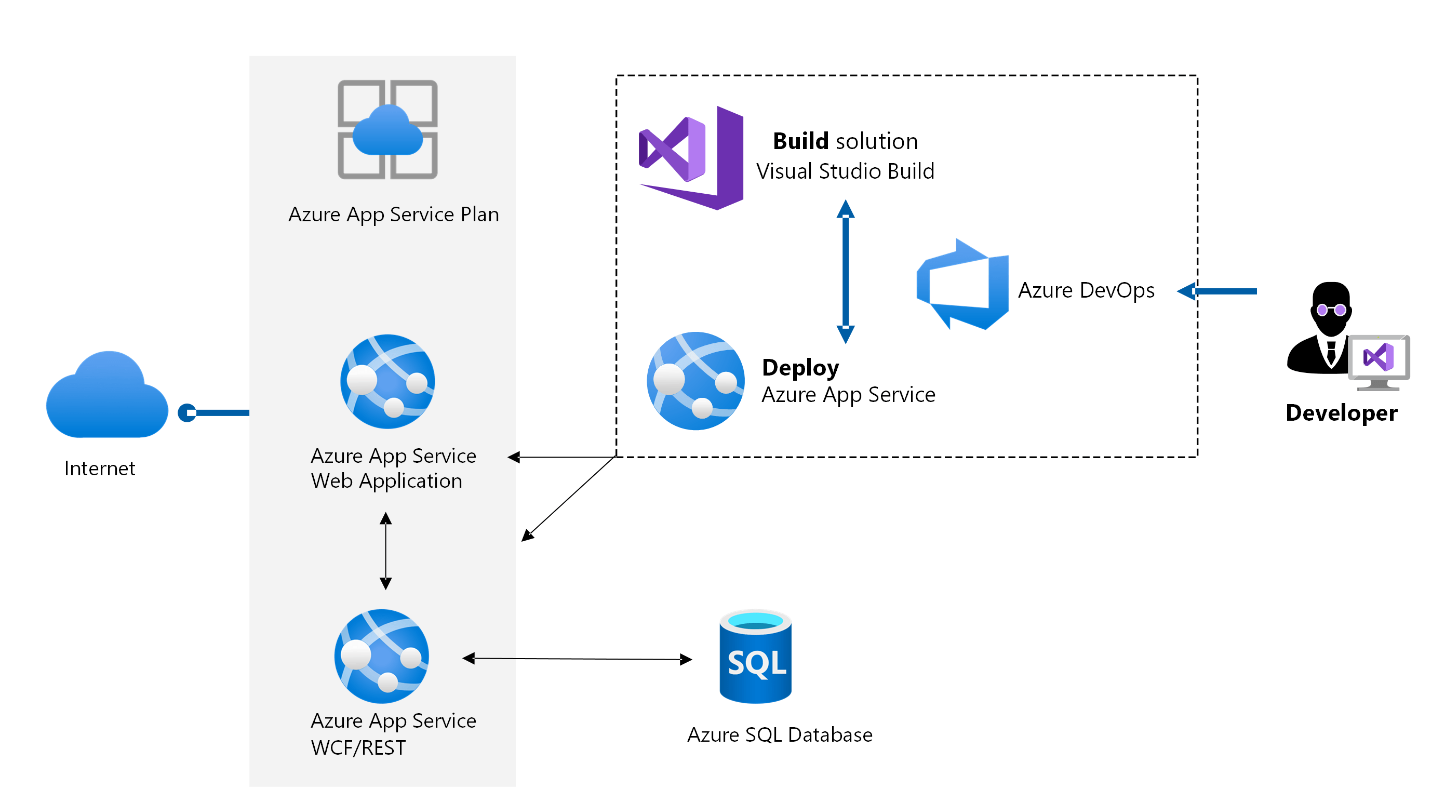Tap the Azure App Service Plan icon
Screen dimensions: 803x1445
click(x=387, y=129)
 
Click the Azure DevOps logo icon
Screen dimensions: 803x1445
click(x=962, y=285)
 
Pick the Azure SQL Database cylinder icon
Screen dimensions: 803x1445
click(x=755, y=657)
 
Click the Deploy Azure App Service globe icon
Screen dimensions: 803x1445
click(x=695, y=381)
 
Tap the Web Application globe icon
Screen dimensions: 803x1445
click(x=387, y=381)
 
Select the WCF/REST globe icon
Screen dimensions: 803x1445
click(x=381, y=656)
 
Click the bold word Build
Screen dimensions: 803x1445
click(x=800, y=141)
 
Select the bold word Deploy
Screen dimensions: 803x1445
click(x=800, y=367)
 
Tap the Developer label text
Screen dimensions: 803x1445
click(x=1341, y=413)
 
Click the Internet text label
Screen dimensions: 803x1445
click(x=100, y=468)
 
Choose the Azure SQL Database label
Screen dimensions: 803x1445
click(x=780, y=734)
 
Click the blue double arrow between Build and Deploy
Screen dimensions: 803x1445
click(x=846, y=272)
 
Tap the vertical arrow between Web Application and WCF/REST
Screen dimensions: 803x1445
click(x=385, y=551)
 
